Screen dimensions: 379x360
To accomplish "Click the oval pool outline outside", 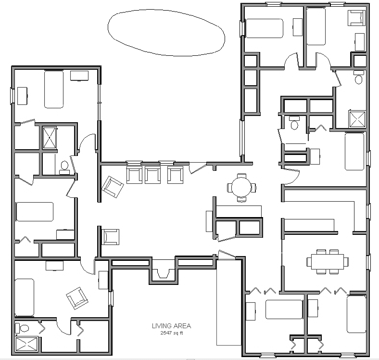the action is coord(108,26).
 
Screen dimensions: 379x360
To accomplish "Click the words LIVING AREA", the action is coord(171,326).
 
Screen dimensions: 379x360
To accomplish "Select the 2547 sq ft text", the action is coord(171,333).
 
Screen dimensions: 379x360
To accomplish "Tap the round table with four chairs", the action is coord(241,188).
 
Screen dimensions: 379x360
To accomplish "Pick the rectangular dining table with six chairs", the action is coord(328,261).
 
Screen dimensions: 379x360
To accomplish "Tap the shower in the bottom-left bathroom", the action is coord(26,344).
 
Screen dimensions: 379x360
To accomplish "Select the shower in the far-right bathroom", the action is coord(357,118).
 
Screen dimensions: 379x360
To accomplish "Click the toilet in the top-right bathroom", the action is coord(358,77).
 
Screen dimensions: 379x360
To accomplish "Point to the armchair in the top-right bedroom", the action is coord(356,18).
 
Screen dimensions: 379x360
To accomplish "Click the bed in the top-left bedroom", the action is coord(54,89).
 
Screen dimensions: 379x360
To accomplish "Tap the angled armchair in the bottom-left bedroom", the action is coord(77,298).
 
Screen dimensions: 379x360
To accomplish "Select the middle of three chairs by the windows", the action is coord(152,175).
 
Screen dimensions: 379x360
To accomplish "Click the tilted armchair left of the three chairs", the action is coord(113,187).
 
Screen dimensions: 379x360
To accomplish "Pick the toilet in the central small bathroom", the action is coord(294,123).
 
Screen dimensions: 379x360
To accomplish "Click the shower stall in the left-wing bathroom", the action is coord(50,138).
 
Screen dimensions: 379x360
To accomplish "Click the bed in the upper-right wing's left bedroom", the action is coord(264,28).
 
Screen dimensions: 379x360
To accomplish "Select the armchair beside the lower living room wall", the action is coord(111,237).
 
